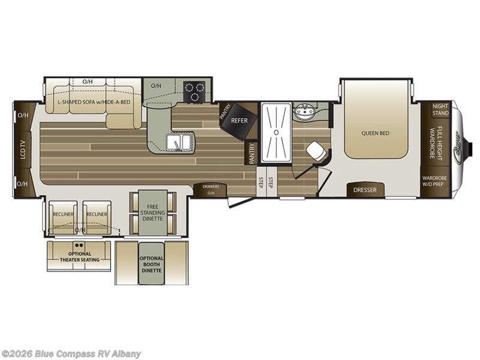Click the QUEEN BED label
click(x=376, y=133)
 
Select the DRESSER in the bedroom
click(x=365, y=190)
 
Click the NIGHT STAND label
click(x=440, y=109)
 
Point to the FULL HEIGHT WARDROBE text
click(x=440, y=143)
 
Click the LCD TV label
click(x=23, y=149)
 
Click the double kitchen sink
click(x=179, y=142)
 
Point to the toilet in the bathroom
click(x=315, y=151)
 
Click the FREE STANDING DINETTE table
click(x=152, y=212)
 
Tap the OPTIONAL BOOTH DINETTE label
click(x=151, y=264)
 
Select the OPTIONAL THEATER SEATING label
click(x=79, y=257)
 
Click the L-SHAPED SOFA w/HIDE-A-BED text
click(x=94, y=102)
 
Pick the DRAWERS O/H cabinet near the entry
click(x=211, y=190)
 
